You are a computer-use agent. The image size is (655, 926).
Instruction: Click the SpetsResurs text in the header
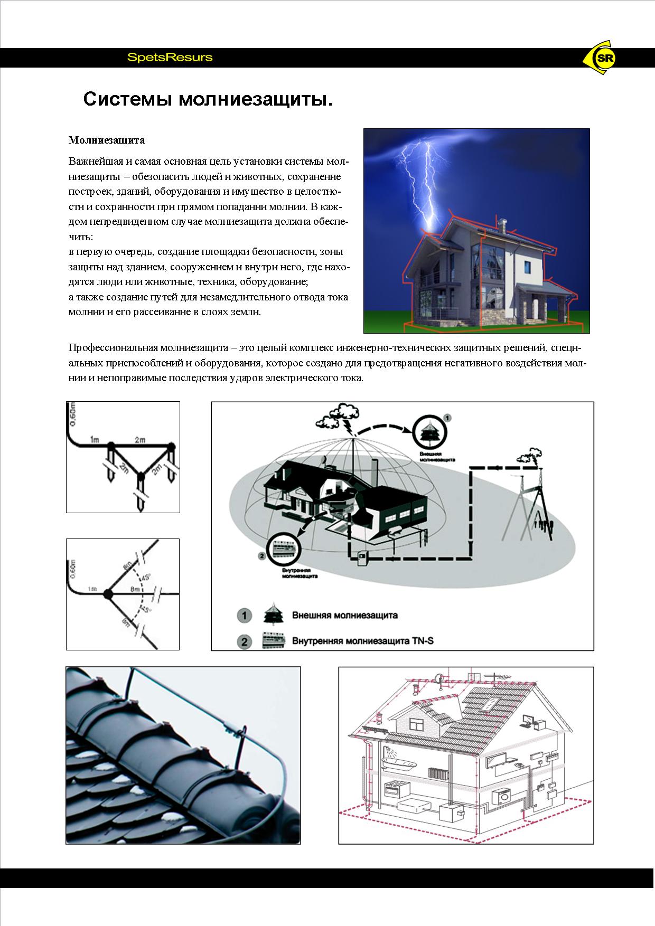coord(170,58)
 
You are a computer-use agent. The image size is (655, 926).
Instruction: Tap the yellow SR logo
coord(604,59)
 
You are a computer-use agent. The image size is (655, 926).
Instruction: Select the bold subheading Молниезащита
coord(107,140)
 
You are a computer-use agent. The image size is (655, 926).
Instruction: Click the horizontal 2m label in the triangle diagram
coord(140,439)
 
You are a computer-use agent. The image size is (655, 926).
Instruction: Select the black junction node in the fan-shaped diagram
coord(108,593)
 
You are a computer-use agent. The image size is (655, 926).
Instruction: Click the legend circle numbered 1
coord(244,616)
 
